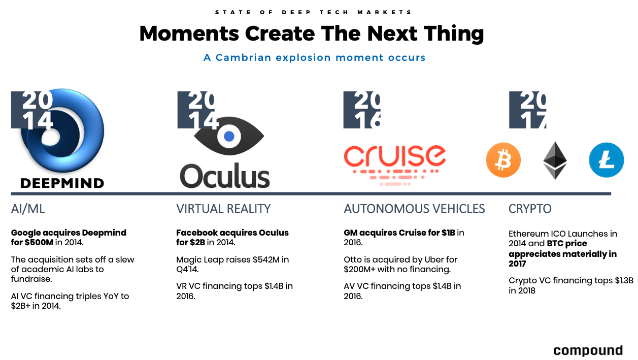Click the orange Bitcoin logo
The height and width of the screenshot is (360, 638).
pyautogui.click(x=503, y=160)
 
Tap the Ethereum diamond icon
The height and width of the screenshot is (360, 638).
pyautogui.click(x=555, y=160)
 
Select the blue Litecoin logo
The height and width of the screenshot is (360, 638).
pyautogui.click(x=607, y=160)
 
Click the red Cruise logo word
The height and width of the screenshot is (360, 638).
pyautogui.click(x=395, y=156)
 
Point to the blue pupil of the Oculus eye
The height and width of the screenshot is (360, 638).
pyautogui.click(x=229, y=137)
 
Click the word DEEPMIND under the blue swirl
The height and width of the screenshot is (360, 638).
pyautogui.click(x=62, y=183)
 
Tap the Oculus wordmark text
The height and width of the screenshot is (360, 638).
pyautogui.click(x=225, y=176)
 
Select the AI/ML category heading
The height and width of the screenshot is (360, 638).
pyautogui.click(x=28, y=209)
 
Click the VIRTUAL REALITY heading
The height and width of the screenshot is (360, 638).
pyautogui.click(x=223, y=209)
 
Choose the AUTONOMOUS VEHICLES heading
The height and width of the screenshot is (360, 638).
pyautogui.click(x=414, y=209)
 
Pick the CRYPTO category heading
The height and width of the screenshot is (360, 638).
pyautogui.click(x=530, y=209)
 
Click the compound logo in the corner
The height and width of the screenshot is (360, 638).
pyautogui.click(x=588, y=350)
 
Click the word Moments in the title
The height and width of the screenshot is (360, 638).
pyautogui.click(x=189, y=34)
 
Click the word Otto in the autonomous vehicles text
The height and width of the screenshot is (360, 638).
pyautogui.click(x=353, y=259)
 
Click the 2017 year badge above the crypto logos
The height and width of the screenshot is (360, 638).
pyautogui.click(x=527, y=110)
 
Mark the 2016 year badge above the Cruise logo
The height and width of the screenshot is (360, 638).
pyautogui.click(x=362, y=110)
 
